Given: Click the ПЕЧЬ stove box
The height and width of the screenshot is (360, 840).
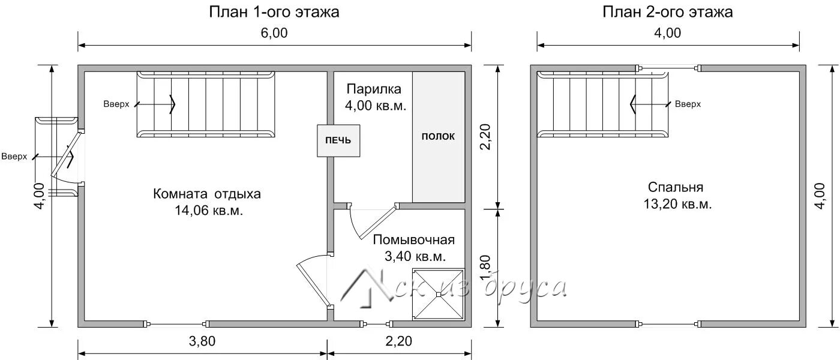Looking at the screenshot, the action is [338, 140].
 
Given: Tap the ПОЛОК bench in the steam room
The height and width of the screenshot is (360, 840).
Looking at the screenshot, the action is [439, 137].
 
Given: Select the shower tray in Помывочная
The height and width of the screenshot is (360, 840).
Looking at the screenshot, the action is [439, 295].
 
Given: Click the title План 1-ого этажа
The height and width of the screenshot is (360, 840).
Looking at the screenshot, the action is [274, 12].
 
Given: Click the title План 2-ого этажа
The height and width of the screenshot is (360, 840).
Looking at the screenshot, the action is [667, 12].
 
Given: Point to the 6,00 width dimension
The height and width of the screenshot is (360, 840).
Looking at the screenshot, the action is [274, 33].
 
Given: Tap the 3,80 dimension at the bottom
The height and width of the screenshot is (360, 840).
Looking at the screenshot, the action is [202, 341].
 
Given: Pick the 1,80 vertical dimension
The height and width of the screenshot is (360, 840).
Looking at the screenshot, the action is [485, 268].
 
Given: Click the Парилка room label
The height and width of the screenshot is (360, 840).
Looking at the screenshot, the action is [374, 89].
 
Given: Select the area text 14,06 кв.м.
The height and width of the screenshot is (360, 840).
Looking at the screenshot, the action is [209, 211].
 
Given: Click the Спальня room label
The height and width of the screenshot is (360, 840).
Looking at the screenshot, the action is [676, 187].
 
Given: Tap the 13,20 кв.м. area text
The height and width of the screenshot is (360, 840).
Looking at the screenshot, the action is [677, 204].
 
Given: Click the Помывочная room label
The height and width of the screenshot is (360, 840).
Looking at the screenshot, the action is [413, 239].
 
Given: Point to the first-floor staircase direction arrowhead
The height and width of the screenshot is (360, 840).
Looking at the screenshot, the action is [173, 104].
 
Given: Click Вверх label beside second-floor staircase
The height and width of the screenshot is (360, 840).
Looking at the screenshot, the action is [688, 104].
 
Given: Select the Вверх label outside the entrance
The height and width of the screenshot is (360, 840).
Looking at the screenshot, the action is [14, 157].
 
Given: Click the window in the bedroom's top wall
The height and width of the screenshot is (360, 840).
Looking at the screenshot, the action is [668, 68].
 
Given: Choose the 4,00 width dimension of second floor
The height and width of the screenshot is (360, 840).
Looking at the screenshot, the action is [667, 33].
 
